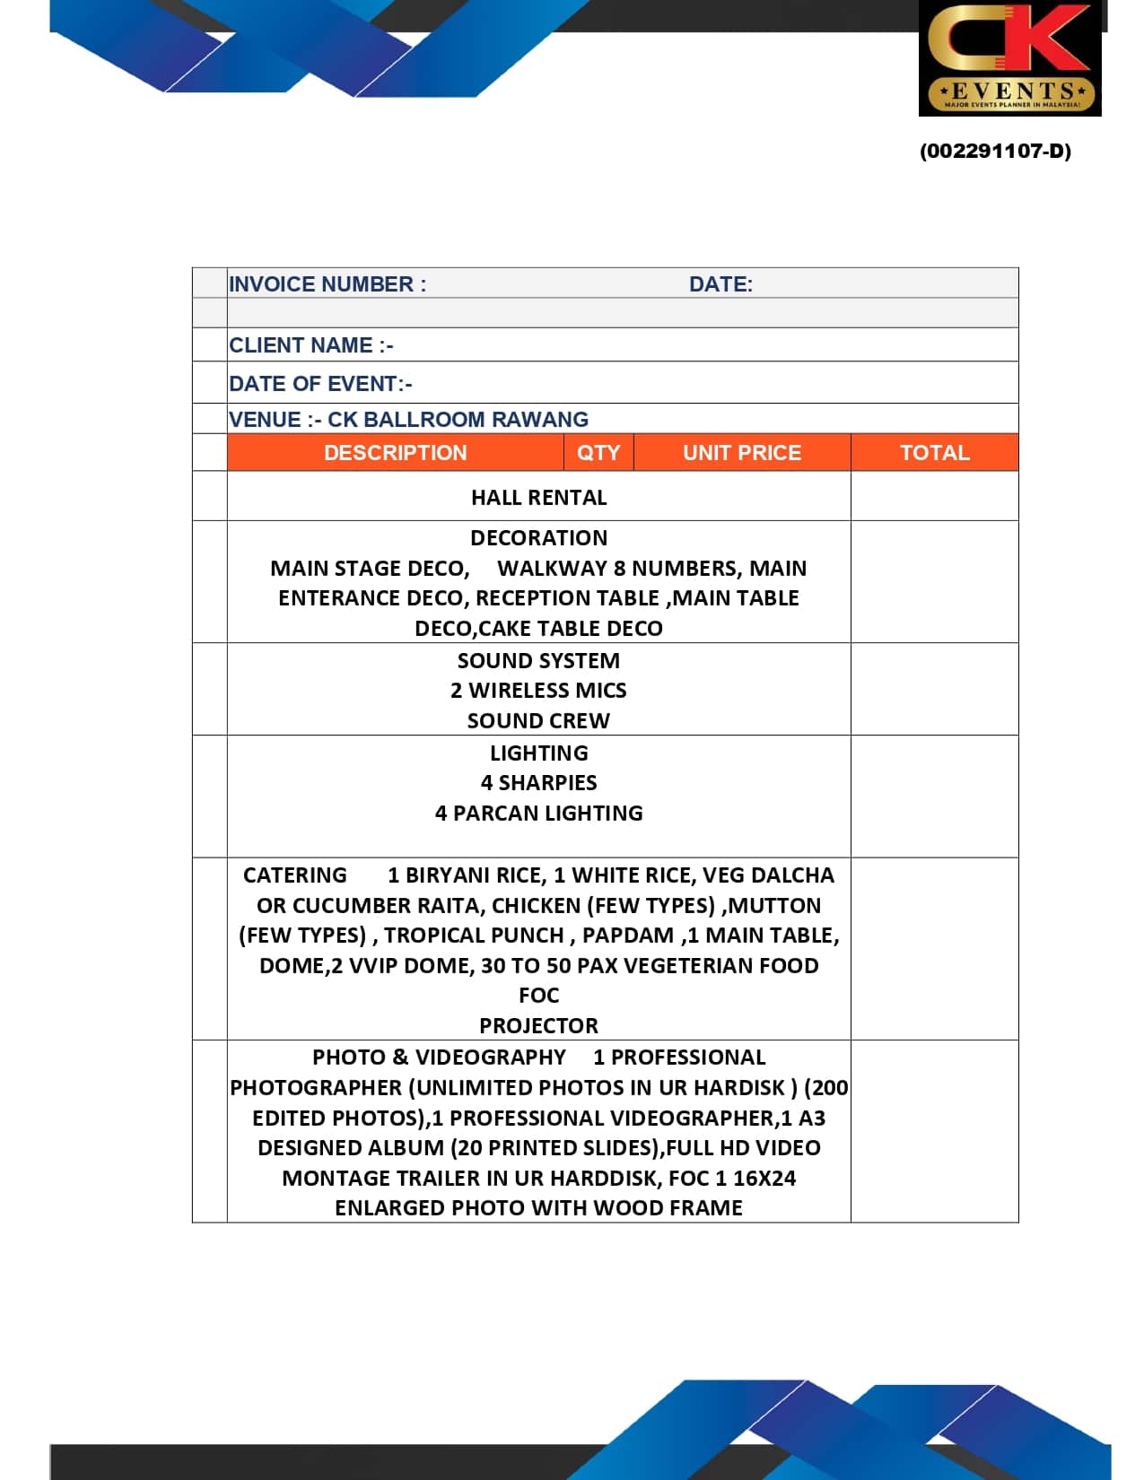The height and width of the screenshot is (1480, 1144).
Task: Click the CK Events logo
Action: [1009, 58]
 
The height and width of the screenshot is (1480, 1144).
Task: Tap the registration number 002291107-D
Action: [995, 151]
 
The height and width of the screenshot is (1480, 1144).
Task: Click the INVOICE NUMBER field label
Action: [327, 284]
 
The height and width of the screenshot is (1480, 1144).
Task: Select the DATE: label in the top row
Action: [720, 284]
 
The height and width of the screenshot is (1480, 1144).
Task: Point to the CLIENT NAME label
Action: [310, 345]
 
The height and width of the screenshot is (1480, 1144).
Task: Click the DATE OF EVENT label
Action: [320, 384]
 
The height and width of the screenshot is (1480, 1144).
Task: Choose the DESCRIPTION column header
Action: [395, 453]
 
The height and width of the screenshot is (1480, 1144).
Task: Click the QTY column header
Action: [598, 453]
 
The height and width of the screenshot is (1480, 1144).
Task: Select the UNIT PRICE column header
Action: [742, 453]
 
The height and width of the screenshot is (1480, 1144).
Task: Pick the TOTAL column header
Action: [934, 453]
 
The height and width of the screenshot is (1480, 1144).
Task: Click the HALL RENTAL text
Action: [538, 498]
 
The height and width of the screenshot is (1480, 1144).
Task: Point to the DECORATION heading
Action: [538, 538]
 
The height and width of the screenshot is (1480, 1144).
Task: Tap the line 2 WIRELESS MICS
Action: [538, 691]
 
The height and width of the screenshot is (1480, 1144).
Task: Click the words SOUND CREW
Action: [538, 721]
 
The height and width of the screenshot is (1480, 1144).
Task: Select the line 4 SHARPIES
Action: [538, 783]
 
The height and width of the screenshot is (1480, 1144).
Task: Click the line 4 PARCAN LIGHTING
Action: [538, 814]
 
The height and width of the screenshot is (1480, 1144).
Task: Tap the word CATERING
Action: [295, 875]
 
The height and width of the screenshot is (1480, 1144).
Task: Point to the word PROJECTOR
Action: [538, 1026]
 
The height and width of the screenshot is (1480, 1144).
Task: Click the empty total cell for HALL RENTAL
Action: [934, 496]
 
